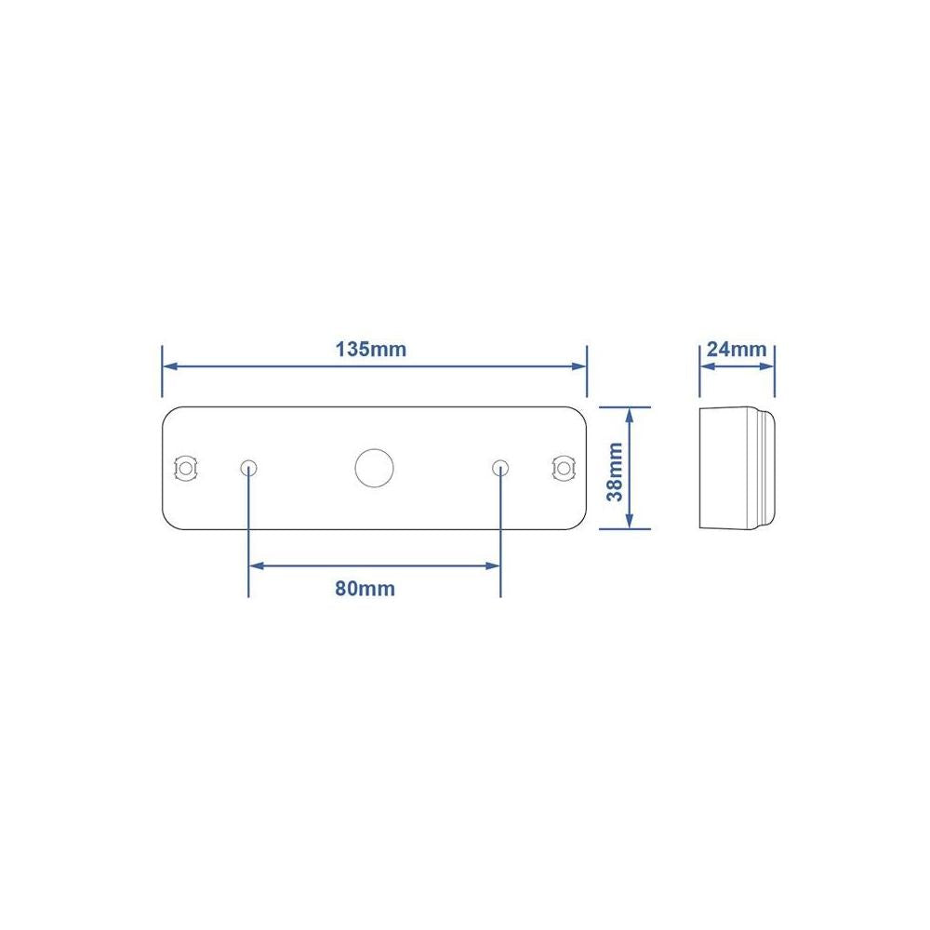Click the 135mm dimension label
point(371,350)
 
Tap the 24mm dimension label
point(737,350)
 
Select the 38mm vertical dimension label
point(615,472)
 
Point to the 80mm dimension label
point(365,589)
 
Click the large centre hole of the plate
point(374,468)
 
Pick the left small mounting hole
point(248,469)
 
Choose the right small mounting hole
point(500,469)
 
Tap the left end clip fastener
point(186,469)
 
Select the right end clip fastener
point(564,469)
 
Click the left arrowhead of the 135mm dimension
point(169,366)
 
